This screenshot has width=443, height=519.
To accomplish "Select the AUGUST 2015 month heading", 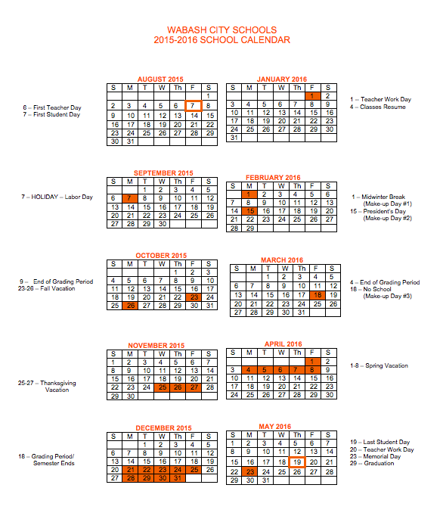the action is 160,79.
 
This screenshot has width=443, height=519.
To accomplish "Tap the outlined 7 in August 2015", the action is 193,106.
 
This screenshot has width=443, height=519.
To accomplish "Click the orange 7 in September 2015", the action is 130,197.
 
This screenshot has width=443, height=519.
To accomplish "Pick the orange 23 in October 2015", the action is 194,297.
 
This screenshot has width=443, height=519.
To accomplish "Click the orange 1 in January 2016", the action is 311,96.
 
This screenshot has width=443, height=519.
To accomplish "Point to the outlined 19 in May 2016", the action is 297,462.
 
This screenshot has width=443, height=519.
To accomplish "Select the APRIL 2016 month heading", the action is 283,343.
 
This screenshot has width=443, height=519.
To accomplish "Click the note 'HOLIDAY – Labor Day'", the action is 57,197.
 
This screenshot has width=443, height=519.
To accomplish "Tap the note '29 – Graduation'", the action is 372,463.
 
